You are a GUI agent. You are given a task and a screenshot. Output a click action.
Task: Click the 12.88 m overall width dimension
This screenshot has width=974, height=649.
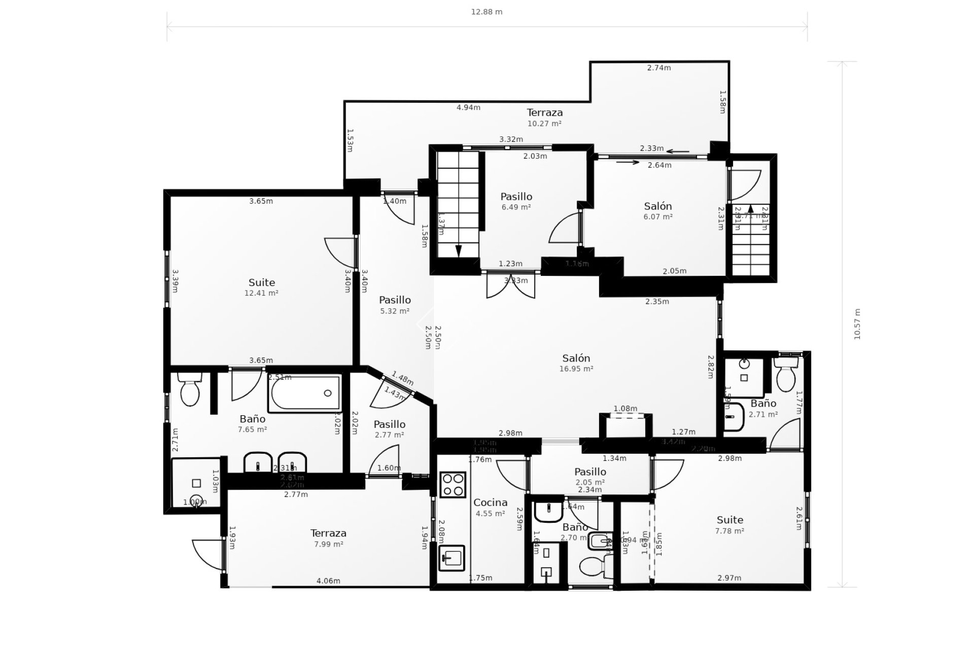pyautogui.click(x=486, y=12)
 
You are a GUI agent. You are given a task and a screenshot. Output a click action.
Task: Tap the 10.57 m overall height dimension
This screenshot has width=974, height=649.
pyautogui.click(x=857, y=324)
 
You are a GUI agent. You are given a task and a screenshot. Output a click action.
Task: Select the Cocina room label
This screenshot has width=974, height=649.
pyautogui.click(x=490, y=502)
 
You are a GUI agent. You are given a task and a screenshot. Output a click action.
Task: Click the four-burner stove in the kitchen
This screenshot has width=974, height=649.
pyautogui.click(x=453, y=484)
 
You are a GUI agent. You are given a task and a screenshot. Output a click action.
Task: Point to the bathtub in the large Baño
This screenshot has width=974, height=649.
pyautogui.click(x=305, y=393)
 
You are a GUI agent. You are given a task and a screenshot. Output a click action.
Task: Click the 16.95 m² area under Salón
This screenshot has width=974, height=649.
pyautogui.click(x=576, y=369)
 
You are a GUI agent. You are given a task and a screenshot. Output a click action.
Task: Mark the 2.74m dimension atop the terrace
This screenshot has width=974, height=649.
pyautogui.click(x=658, y=68)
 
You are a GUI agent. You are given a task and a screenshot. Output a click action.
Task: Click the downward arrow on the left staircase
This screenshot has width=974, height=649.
pyautogui.click(x=459, y=250)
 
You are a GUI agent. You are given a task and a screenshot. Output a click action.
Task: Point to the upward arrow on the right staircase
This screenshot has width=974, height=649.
pyautogui.click(x=751, y=208)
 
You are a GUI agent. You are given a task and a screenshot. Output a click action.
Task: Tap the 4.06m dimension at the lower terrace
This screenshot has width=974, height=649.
pyautogui.click(x=328, y=581)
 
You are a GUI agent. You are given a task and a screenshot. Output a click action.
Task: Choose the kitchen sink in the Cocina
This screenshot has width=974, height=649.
pyautogui.click(x=451, y=558)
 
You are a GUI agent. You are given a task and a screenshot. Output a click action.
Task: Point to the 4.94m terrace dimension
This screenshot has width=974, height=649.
pyautogui.click(x=468, y=107)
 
